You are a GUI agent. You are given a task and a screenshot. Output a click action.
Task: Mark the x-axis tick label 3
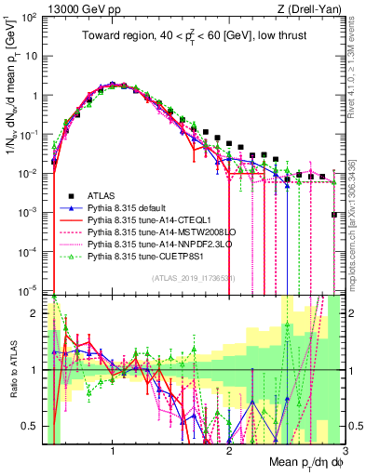click(345, 451)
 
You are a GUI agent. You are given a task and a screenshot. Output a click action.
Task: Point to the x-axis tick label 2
click(229, 451)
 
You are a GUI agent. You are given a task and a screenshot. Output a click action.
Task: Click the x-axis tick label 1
click(113, 451)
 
